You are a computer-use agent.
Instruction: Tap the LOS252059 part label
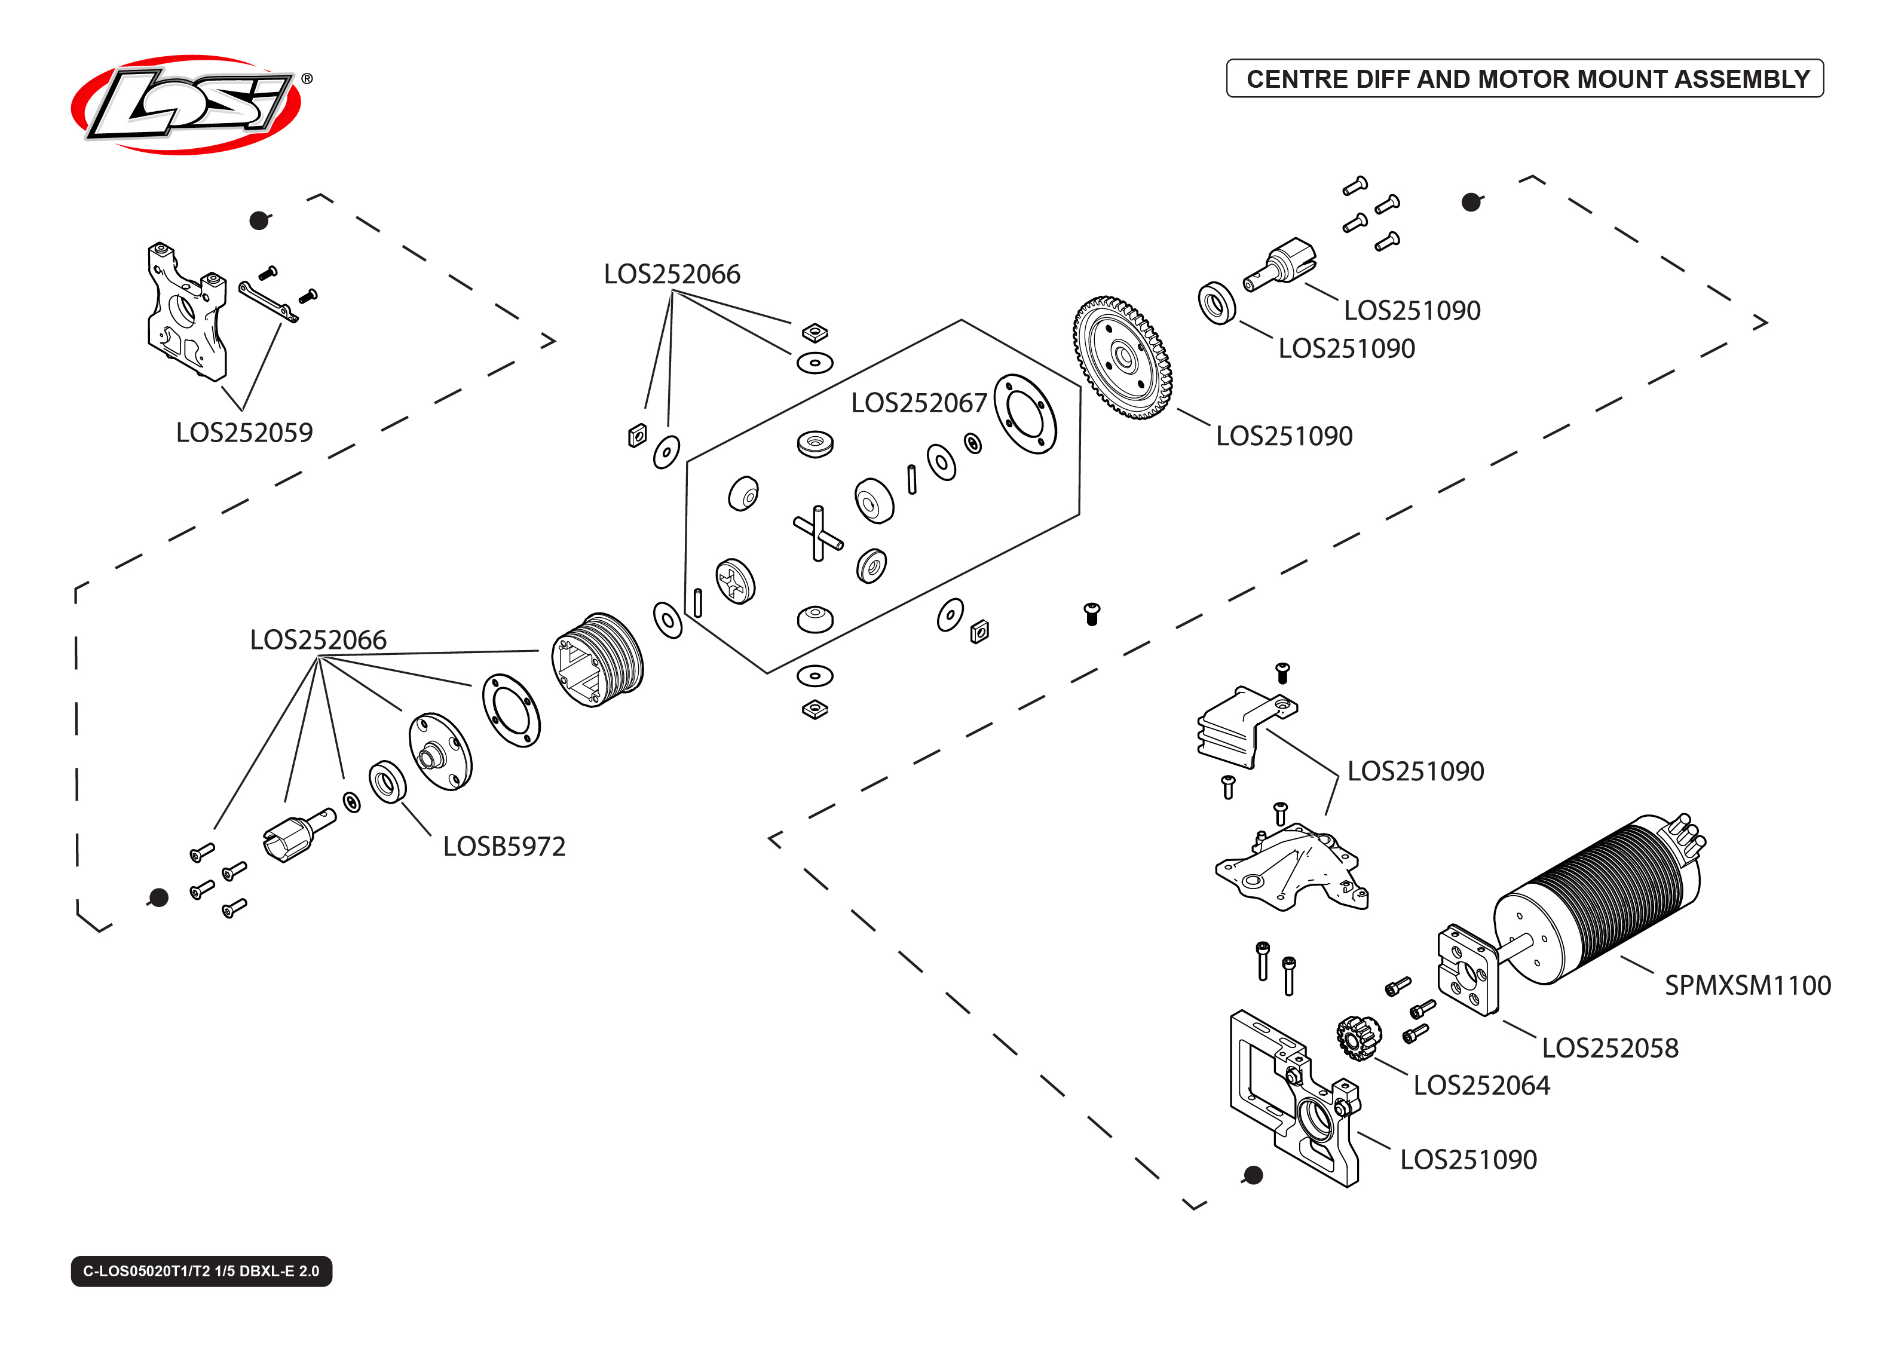pos(244,433)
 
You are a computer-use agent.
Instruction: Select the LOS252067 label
pos(918,403)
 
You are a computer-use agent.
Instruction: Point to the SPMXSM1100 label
pos(1747,985)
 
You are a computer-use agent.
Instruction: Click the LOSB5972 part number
pos(503,847)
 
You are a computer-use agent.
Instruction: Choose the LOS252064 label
pos(1481,1086)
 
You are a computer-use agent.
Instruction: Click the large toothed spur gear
pos(1123,358)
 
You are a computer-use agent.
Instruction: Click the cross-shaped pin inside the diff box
pos(818,534)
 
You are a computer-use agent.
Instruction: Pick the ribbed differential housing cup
pos(598,660)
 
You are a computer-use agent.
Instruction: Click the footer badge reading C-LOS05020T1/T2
pos(201,1272)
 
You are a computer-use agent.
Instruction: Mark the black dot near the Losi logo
pos(259,220)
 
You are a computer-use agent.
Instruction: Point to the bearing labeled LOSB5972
pos(387,782)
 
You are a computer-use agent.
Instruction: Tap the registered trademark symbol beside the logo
pos(307,79)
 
